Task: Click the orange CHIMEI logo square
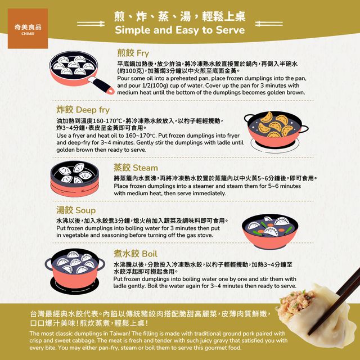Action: click(x=28, y=29)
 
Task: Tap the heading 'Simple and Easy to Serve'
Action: click(x=180, y=30)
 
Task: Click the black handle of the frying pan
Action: click(x=101, y=85)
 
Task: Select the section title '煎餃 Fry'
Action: click(x=133, y=53)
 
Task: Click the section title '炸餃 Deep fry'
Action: click(x=83, y=110)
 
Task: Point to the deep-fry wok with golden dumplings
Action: click(x=276, y=130)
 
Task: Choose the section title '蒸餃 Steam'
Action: click(x=136, y=168)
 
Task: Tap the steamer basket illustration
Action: click(x=75, y=179)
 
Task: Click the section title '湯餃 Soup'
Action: click(x=76, y=210)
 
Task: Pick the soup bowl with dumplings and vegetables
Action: click(x=270, y=232)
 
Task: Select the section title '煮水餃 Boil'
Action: click(x=136, y=254)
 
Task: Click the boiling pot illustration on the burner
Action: click(x=75, y=271)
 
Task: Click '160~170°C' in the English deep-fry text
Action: click(x=141, y=136)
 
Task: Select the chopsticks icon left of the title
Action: click(x=91, y=24)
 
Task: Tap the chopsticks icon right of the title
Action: click(x=269, y=24)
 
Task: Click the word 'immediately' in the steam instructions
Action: click(x=209, y=193)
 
